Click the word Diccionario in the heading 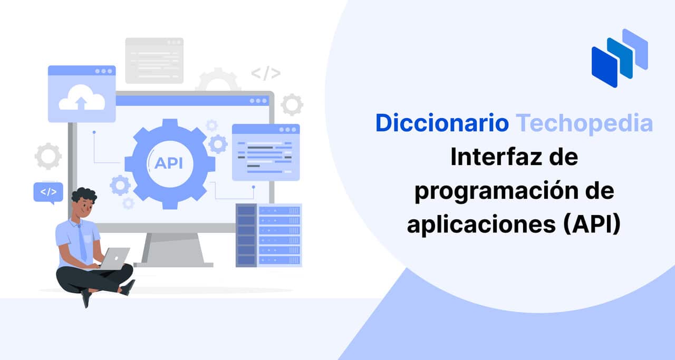[442, 123]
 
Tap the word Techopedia [584, 123]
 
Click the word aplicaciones [481, 225]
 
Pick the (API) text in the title [592, 224]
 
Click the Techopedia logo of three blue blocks [620, 58]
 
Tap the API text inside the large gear [168, 163]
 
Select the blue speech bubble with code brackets [48, 193]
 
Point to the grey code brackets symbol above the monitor [266, 73]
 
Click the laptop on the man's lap [115, 258]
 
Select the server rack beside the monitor [269, 235]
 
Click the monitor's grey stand [173, 250]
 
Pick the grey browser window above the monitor [155, 61]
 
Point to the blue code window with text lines [266, 152]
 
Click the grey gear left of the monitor [48, 156]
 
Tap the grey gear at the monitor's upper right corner [292, 105]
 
